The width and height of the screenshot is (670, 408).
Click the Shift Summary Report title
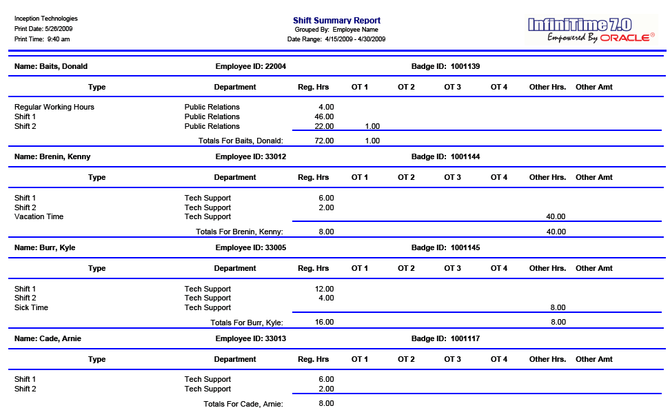point(336,21)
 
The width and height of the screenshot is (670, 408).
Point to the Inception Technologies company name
point(45,19)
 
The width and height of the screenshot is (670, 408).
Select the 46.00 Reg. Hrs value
point(324,116)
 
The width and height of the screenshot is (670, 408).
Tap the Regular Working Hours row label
point(54,107)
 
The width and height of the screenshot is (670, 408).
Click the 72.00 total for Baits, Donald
point(324,141)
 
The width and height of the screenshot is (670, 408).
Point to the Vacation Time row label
point(39,216)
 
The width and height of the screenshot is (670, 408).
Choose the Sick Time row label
point(31,307)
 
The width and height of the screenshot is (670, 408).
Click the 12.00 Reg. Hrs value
point(324,289)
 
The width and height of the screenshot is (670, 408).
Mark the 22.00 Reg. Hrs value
point(324,126)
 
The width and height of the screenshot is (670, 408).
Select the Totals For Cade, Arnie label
point(243,404)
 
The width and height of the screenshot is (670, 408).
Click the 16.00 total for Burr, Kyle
point(324,322)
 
